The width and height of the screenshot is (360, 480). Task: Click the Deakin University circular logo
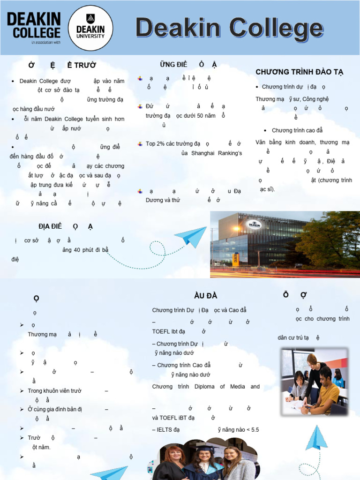pos(90,28)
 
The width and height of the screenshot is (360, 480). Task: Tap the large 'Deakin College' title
pos(229,28)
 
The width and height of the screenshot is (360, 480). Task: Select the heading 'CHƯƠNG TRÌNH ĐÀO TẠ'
pos(300,72)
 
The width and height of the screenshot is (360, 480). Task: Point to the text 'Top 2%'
pos(156,144)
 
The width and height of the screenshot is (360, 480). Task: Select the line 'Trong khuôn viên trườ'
pos(55,390)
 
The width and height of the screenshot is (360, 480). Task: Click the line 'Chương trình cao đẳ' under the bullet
pos(297,130)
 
